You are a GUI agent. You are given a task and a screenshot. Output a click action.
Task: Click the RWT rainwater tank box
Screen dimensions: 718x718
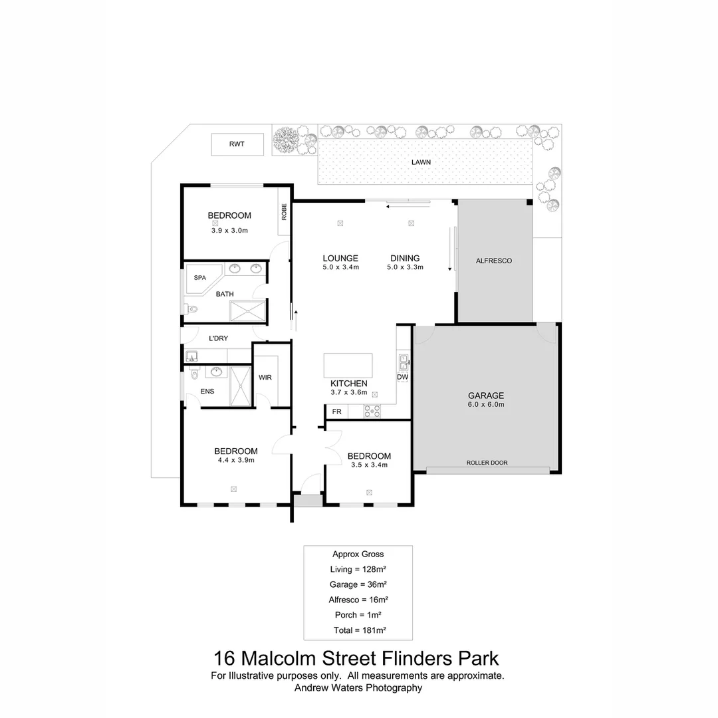[237, 144]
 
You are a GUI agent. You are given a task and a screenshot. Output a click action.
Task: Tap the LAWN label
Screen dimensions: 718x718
[421, 162]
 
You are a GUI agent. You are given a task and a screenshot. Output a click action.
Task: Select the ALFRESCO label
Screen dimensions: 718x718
[494, 261]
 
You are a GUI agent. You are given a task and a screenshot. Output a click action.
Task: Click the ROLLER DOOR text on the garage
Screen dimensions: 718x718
[487, 463]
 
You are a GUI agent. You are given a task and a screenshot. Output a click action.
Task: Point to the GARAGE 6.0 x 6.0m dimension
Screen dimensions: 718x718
[486, 405]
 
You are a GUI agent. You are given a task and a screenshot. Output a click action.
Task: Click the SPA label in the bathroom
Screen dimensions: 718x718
[200, 278]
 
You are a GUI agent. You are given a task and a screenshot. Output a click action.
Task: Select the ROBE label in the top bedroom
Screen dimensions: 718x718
[284, 211]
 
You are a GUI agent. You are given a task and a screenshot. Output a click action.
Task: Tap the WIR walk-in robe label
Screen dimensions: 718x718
[265, 378]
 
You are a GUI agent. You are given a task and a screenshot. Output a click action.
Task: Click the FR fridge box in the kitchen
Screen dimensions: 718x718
[337, 412]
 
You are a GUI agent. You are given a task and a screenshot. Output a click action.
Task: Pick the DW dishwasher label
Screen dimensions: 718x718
[402, 378]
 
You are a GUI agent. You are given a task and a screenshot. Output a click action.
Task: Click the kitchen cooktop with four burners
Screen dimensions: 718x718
[372, 412]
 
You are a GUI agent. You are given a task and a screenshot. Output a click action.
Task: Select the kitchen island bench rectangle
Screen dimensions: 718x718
[348, 366]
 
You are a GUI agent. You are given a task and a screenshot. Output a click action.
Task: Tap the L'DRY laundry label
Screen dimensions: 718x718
[218, 338]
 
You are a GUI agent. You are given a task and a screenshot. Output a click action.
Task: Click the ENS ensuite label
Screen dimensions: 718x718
[207, 392]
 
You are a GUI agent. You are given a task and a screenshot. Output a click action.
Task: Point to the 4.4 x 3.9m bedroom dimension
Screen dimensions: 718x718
[236, 460]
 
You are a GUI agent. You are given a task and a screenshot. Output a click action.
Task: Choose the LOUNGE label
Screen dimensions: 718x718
[340, 259]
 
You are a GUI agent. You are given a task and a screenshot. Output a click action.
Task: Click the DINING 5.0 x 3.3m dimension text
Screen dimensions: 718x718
[405, 267]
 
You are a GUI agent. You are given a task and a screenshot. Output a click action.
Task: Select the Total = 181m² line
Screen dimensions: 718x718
[358, 630]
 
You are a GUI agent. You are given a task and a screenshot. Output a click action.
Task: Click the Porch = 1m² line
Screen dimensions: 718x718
[358, 615]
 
